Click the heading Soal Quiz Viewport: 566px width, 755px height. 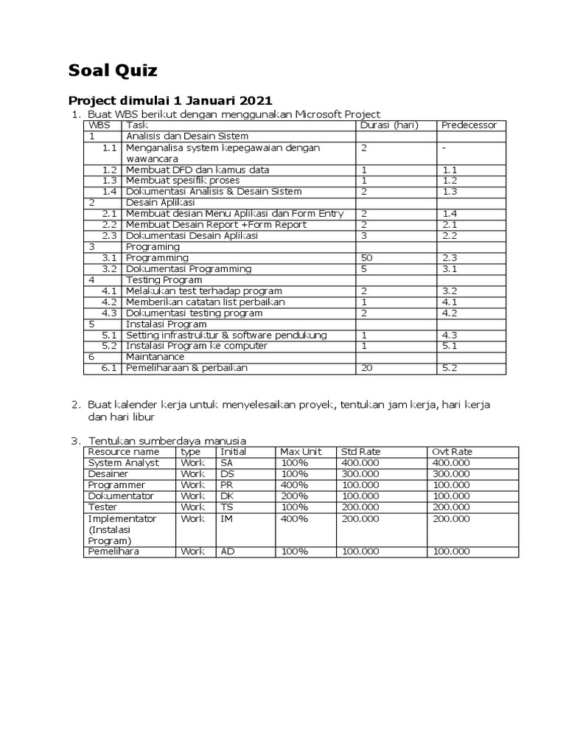tap(113, 71)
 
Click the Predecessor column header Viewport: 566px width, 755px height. tap(469, 125)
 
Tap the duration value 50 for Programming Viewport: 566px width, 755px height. tap(366, 258)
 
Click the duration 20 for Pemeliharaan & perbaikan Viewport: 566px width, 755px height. tap(366, 368)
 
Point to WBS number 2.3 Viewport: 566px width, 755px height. tap(110, 236)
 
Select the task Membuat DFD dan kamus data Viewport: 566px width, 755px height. tap(197, 170)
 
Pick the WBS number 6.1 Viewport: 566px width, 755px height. tap(110, 368)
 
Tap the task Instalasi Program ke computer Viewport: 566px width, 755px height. tap(196, 346)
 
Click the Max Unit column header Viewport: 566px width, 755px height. tap(296, 452)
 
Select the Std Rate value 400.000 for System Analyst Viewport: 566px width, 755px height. tap(360, 463)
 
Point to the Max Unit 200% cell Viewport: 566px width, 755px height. tap(294, 496)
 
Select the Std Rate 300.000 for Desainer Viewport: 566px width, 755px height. tap(360, 474)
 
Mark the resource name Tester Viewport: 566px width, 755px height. tap(102, 507)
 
